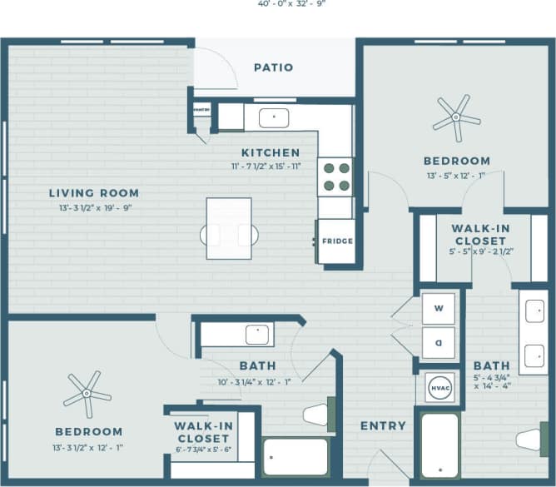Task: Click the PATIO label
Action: (x=273, y=67)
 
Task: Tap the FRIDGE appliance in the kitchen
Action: (x=336, y=241)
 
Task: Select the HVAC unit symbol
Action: (x=439, y=387)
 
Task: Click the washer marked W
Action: (x=439, y=308)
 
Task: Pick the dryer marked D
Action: (x=439, y=341)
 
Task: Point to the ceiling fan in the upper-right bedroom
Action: (x=456, y=117)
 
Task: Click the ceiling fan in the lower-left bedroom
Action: (x=87, y=393)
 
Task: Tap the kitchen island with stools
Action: (x=229, y=228)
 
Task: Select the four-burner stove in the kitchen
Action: (x=335, y=176)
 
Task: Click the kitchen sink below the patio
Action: (x=273, y=117)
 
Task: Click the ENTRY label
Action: (x=383, y=425)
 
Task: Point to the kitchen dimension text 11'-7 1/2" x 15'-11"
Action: (x=271, y=166)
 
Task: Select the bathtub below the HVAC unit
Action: (x=439, y=445)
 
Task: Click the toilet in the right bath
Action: (x=529, y=439)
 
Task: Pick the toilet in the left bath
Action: (x=316, y=414)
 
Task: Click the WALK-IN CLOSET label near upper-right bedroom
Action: (x=480, y=234)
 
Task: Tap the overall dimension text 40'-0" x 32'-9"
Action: (x=277, y=3)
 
